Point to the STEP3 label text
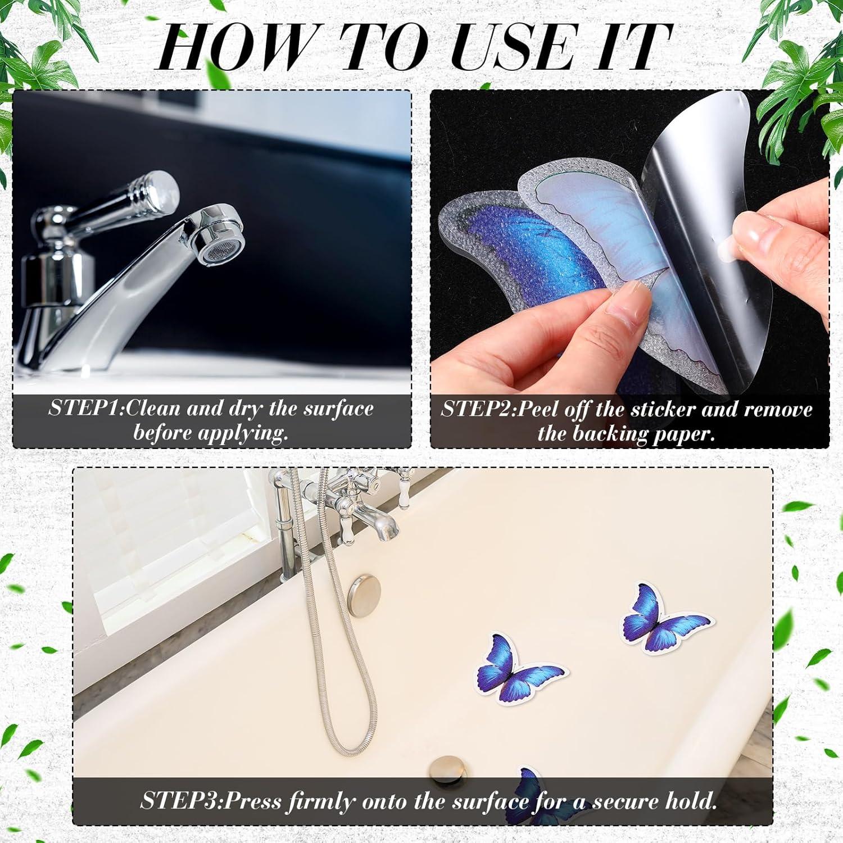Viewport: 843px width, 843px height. (178, 800)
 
